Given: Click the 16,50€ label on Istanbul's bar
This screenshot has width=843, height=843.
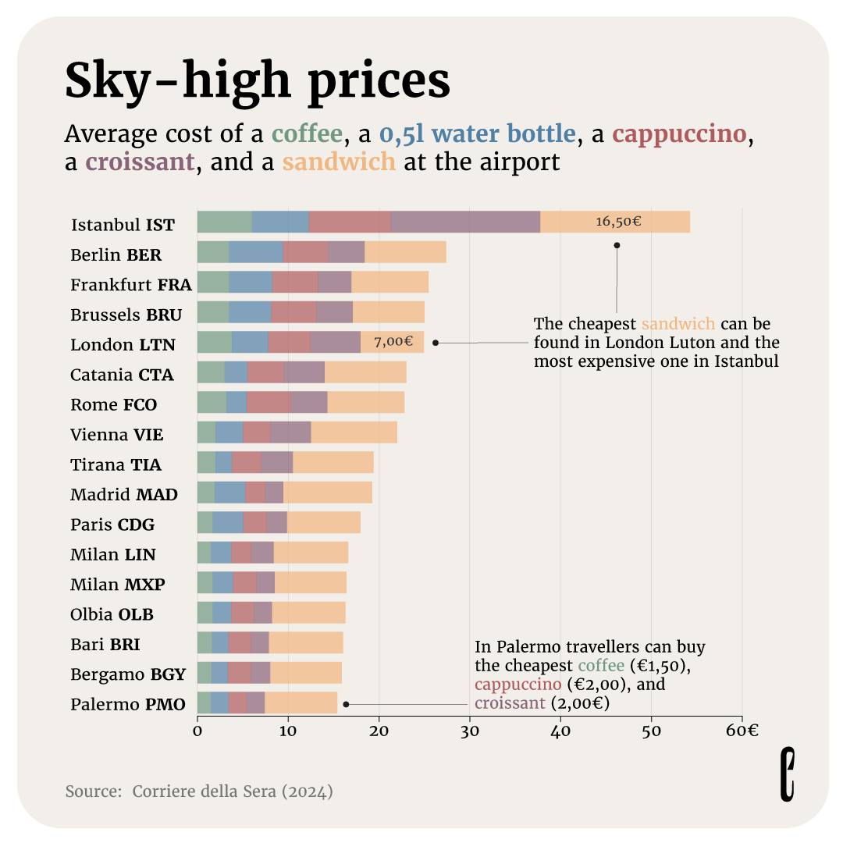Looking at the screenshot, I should pos(618,222).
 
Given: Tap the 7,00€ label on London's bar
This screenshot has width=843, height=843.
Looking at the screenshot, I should pos(393,342).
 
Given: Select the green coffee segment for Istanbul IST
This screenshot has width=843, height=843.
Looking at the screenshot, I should pos(224,222).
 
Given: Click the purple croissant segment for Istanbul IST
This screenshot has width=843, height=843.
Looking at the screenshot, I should pos(465,222).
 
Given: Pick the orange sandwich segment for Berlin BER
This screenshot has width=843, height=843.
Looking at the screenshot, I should pos(405,252).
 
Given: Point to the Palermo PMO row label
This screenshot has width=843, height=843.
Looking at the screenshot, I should pos(128,705).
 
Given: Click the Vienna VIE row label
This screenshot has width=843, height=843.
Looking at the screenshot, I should pos(117,435).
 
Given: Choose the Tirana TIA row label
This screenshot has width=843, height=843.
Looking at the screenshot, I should pos(116,465).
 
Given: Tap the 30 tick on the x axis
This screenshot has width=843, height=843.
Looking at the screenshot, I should pos(469,731).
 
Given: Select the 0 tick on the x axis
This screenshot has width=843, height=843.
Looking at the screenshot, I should pos(197,731).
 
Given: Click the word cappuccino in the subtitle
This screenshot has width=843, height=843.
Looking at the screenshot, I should pos(679,134).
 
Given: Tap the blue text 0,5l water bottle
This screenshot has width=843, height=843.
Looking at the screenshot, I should pos(477,134).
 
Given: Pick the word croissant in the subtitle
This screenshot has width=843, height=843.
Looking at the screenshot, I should pos(139,162).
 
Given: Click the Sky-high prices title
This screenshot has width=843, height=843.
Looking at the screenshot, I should pos(257,80).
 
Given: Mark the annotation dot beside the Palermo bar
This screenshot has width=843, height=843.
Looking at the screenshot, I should pos(346,704).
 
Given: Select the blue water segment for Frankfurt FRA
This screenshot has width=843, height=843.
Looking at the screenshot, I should pos(251,282).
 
